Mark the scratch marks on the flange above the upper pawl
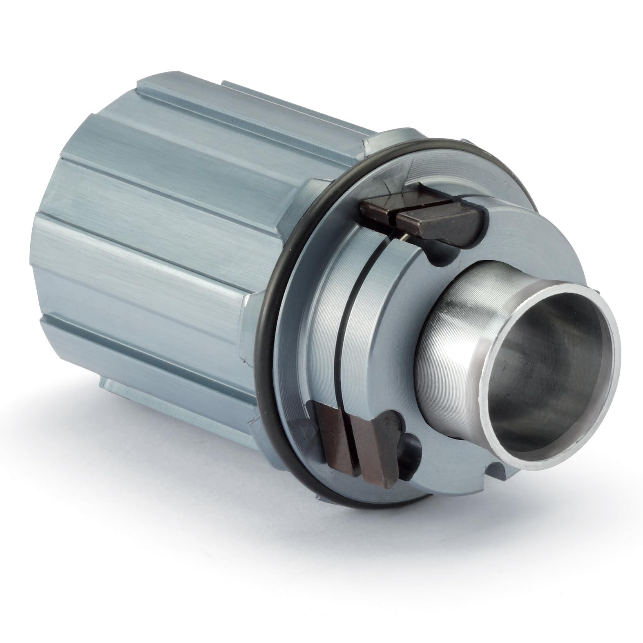coord(392,180)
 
